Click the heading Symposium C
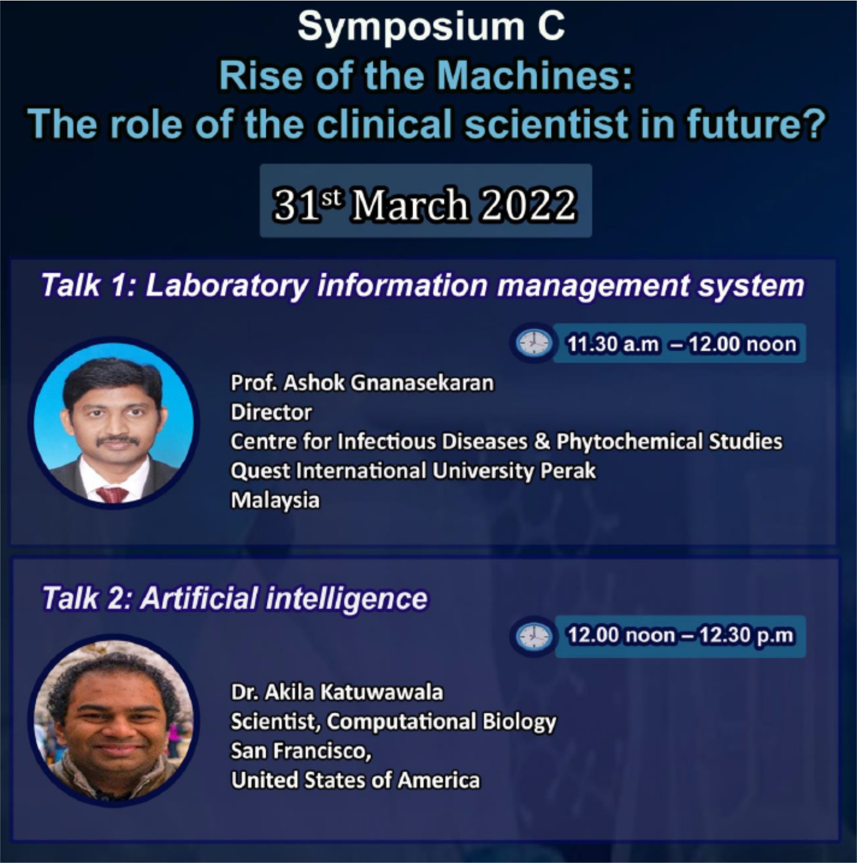click(431, 26)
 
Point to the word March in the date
click(409, 204)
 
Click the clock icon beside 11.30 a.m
click(533, 343)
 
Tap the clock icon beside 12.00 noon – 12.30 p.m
click(533, 636)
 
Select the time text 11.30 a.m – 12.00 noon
click(682, 344)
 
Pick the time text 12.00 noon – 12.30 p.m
click(681, 635)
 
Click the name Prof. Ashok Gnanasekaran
click(362, 383)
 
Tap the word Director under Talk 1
click(271, 412)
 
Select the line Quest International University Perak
click(413, 471)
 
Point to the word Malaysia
click(275, 500)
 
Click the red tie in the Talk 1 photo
click(112, 494)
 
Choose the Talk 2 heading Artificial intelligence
click(284, 599)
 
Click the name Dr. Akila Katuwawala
click(337, 692)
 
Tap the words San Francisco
click(301, 751)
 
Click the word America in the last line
click(439, 780)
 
